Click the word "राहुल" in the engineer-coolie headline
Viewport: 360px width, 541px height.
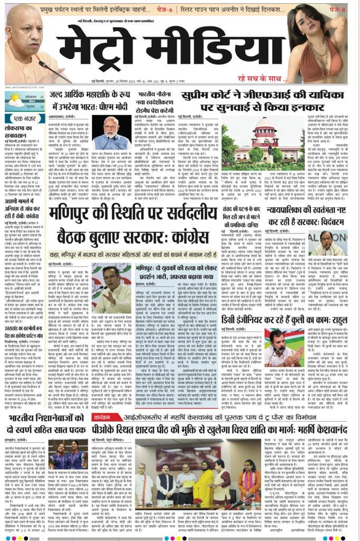click(345, 320)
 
